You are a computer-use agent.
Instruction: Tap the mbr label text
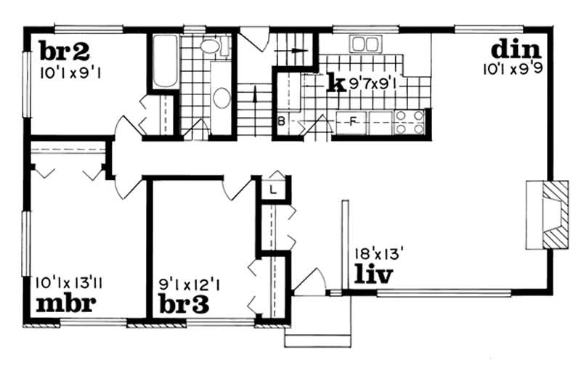(65, 302)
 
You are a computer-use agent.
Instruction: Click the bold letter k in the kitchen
(335, 83)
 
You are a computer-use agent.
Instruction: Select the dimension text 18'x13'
(379, 253)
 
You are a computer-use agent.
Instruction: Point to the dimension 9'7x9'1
(371, 83)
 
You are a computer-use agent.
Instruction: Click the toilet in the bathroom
(211, 47)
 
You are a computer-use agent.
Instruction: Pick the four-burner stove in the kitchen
(409, 123)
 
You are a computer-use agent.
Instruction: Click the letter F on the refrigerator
(354, 120)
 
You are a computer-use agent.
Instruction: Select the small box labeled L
(272, 189)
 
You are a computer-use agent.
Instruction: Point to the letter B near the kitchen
(281, 121)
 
